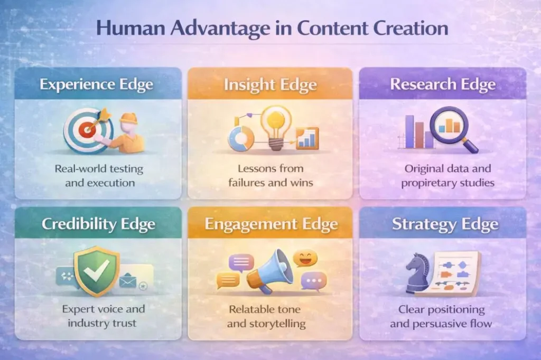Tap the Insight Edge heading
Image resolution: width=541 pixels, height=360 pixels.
click(x=270, y=84)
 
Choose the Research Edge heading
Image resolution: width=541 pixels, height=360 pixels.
click(x=443, y=84)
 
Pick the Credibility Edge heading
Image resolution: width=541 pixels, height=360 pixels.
click(x=98, y=224)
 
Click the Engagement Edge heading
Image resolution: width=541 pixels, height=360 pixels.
click(x=270, y=224)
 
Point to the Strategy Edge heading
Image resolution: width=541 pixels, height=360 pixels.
click(x=445, y=224)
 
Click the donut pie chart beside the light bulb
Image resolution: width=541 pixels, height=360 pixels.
click(x=240, y=139)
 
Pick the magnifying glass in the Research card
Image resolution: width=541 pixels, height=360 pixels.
click(x=452, y=128)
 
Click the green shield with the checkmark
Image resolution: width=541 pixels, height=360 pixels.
click(x=96, y=270)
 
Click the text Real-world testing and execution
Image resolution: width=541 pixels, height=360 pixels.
click(x=98, y=176)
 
